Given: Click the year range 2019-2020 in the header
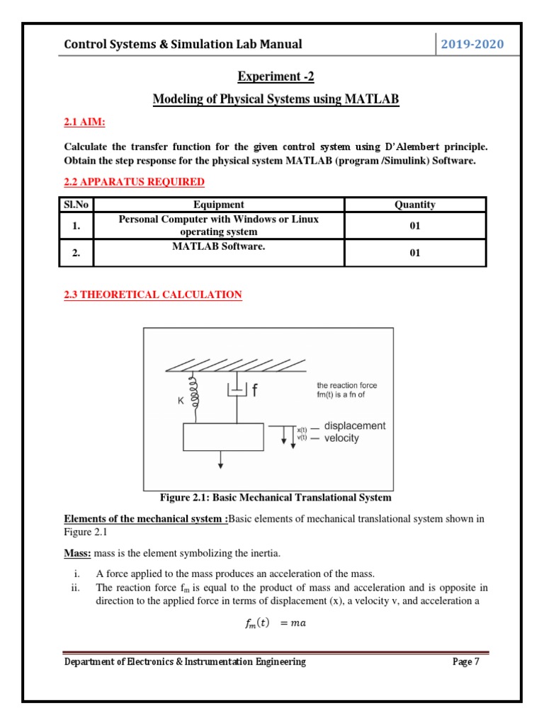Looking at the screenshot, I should pyautogui.click(x=472, y=45).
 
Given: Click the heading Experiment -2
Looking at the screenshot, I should pyautogui.click(x=276, y=76).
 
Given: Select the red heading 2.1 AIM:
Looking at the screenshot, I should pyautogui.click(x=84, y=123).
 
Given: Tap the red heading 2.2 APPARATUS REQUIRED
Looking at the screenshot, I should pyautogui.click(x=134, y=182).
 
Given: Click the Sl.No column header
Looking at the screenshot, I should pyautogui.click(x=76, y=205).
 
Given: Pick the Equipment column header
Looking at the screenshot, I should pyautogui.click(x=218, y=205).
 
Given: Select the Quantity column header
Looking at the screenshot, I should pyautogui.click(x=414, y=205).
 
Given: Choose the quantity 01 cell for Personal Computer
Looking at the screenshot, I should pyautogui.click(x=414, y=226).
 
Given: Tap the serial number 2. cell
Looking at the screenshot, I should pyautogui.click(x=76, y=253).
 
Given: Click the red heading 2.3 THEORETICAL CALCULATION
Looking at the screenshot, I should pyautogui.click(x=152, y=295).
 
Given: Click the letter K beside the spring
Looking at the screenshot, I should pyautogui.click(x=181, y=400).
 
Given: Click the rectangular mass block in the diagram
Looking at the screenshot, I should pyautogui.click(x=222, y=437).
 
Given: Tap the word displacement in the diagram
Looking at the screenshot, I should pyautogui.click(x=354, y=426).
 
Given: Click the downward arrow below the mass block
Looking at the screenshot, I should pyautogui.click(x=221, y=460).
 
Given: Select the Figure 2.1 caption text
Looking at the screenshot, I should pyautogui.click(x=267, y=497).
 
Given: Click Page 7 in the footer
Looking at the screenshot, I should pyautogui.click(x=466, y=661).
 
